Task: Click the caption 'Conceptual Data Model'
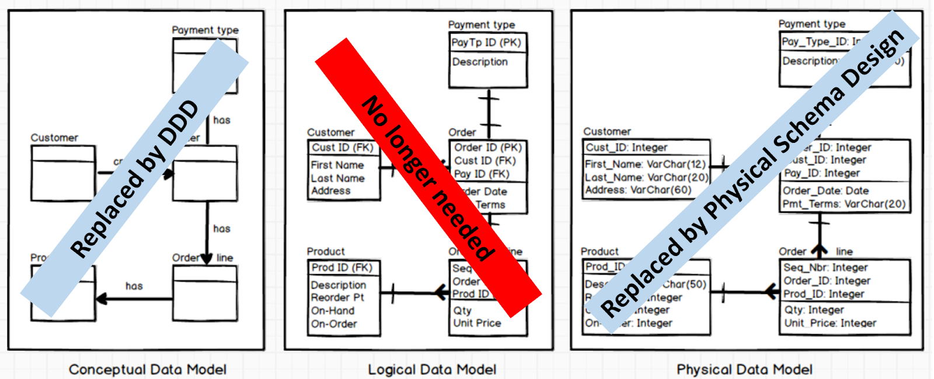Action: click(147, 369)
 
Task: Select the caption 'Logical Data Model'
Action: click(432, 369)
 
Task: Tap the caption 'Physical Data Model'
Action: click(744, 369)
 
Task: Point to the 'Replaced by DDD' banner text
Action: click(135, 178)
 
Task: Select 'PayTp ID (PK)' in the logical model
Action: click(486, 43)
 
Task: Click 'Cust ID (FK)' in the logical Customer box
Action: click(342, 148)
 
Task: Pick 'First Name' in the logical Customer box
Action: click(337, 165)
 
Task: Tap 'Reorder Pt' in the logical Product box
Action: click(337, 297)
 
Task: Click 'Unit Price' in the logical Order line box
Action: click(477, 323)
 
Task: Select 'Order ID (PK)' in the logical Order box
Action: click(487, 148)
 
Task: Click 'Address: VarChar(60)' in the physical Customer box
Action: click(638, 189)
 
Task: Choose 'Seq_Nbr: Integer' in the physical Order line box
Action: click(825, 268)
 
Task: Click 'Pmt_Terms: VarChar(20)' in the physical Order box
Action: click(844, 204)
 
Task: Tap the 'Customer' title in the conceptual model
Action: click(54, 138)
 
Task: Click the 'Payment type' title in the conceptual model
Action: click(205, 30)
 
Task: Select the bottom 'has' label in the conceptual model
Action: click(134, 286)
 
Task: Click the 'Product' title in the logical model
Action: click(326, 251)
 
